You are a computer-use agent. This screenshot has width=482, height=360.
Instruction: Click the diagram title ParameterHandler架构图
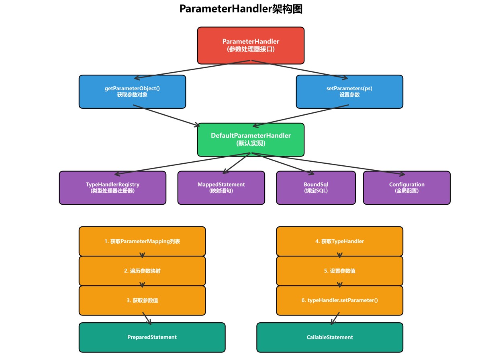241,9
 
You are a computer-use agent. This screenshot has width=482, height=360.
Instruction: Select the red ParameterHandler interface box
251,45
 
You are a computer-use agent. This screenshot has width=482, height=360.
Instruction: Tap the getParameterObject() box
132,92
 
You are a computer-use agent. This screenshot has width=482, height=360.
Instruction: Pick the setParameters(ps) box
349,92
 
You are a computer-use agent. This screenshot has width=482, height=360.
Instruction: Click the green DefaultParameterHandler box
251,139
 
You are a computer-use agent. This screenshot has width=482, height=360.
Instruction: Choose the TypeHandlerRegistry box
112,188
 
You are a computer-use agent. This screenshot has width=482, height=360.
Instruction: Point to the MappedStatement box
221,188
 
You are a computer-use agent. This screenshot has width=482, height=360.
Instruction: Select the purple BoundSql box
316,188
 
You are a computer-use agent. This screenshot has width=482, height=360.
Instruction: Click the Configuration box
406,188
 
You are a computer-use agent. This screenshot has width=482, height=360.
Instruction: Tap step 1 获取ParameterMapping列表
142,241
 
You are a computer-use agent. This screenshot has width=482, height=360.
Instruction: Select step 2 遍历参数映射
142,271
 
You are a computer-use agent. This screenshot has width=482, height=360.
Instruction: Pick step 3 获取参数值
142,300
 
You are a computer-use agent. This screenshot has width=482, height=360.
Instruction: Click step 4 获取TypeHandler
339,241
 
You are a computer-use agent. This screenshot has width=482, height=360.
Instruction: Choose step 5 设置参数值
339,271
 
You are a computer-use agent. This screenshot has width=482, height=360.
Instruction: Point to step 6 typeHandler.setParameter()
339,300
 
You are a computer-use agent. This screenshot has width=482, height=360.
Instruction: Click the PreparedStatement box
152,337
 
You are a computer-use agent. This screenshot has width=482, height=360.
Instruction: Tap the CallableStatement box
329,337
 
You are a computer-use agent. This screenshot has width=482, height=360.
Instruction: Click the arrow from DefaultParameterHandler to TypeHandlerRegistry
183,164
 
